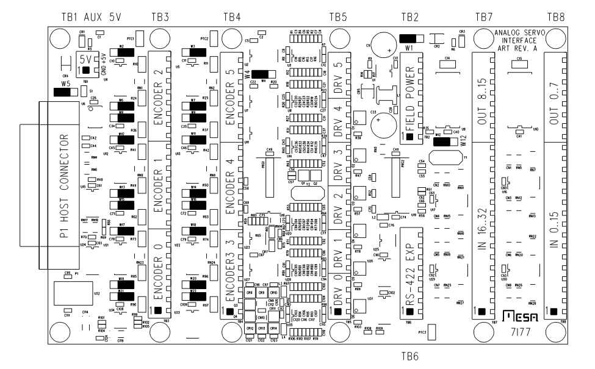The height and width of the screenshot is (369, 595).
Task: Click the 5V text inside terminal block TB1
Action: click(86, 60)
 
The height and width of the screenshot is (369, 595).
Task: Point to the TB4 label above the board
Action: click(233, 16)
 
